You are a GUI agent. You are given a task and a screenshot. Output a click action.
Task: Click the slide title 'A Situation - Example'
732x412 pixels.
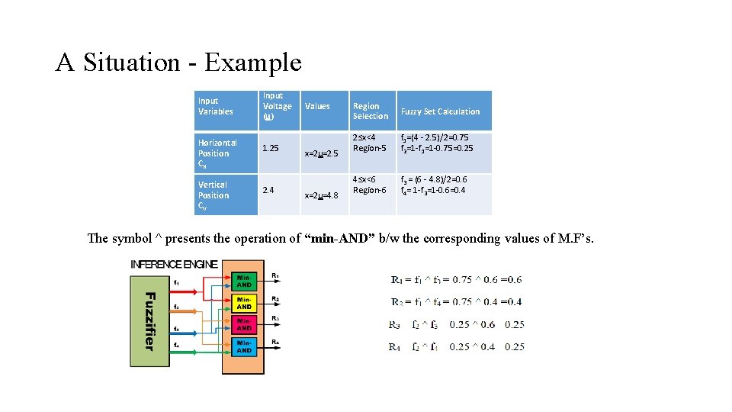(178, 62)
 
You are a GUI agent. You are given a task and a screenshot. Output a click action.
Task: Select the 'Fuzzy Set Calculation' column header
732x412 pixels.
(440, 111)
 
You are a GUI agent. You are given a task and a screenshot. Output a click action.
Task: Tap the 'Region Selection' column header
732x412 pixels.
(371, 111)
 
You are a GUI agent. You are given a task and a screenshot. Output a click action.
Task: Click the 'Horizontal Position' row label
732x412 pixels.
(217, 153)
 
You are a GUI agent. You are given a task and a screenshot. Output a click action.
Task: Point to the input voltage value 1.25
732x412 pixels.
(270, 148)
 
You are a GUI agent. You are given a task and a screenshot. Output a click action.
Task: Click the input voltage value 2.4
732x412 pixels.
(269, 190)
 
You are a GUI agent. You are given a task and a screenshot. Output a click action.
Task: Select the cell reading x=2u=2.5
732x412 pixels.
(321, 153)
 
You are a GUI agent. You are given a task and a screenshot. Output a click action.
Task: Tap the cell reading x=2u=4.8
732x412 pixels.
(321, 195)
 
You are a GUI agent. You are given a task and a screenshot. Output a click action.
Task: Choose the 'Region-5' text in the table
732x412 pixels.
(369, 148)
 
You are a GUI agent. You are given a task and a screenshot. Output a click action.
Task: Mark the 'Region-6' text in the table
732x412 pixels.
(369, 190)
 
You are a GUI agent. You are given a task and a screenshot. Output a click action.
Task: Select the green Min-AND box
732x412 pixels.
(244, 281)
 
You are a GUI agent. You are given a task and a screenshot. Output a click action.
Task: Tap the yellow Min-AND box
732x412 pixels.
(244, 303)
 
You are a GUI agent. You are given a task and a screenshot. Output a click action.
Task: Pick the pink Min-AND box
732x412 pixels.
(244, 325)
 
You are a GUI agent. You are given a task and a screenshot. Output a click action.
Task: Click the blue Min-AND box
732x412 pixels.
(244, 347)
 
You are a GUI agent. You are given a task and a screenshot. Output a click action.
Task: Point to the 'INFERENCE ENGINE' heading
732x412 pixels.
(175, 264)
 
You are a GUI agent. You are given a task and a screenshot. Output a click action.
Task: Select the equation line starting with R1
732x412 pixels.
(456, 280)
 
